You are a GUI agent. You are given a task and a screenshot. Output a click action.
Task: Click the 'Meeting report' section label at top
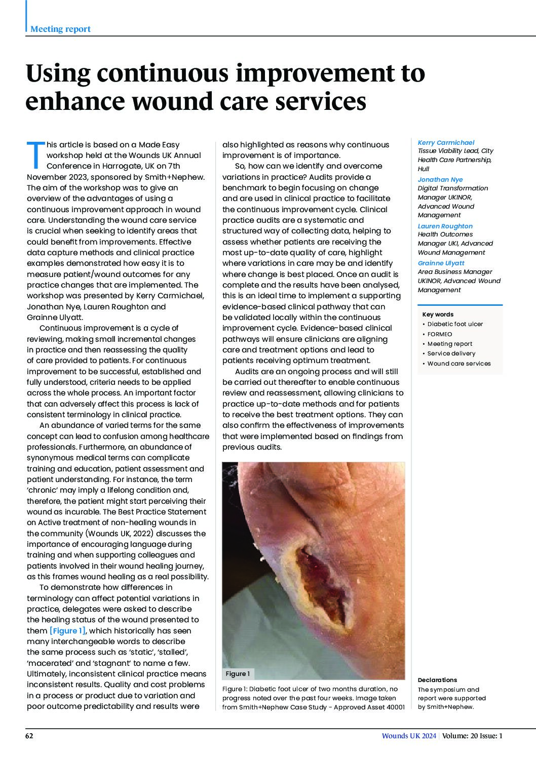pos(60,29)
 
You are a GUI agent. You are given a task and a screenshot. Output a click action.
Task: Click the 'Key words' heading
pos(438,314)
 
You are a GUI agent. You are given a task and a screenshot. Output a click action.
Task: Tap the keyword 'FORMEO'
pos(440,334)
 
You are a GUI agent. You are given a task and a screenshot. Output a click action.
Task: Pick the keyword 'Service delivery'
pos(451,353)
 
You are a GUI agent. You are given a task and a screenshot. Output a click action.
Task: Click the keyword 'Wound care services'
pos(458,364)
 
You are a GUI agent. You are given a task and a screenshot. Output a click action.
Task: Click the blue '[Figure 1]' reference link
pos(67,630)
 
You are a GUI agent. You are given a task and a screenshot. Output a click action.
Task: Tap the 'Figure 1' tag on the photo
pos(238,674)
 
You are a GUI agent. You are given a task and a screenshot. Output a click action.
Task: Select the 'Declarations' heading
pos(437,680)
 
